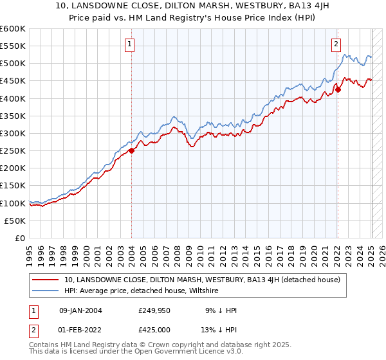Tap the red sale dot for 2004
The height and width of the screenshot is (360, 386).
point(131,150)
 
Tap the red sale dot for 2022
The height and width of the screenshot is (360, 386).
point(338,89)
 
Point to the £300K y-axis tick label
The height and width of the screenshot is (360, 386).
point(13,133)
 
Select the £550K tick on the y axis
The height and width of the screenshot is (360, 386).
point(13,46)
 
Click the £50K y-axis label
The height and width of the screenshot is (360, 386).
point(15,221)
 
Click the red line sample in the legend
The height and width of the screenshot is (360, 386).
point(46,280)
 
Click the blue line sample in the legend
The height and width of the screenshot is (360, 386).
point(46,291)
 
